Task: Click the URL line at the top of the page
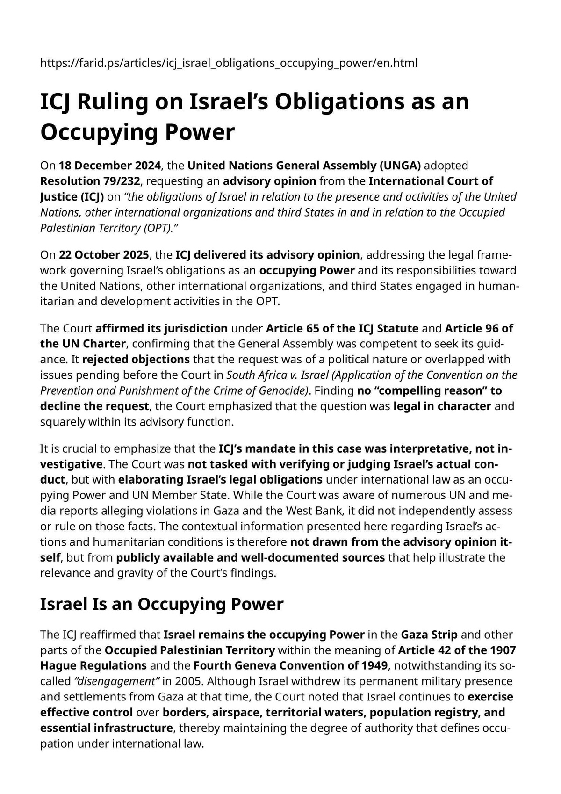click(229, 63)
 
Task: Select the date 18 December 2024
click(109, 166)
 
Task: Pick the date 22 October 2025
click(104, 255)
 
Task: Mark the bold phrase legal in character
click(442, 406)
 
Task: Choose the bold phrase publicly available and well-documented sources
click(250, 557)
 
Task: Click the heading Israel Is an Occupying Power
click(162, 604)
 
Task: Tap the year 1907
click(503, 650)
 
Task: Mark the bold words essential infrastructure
click(106, 728)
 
